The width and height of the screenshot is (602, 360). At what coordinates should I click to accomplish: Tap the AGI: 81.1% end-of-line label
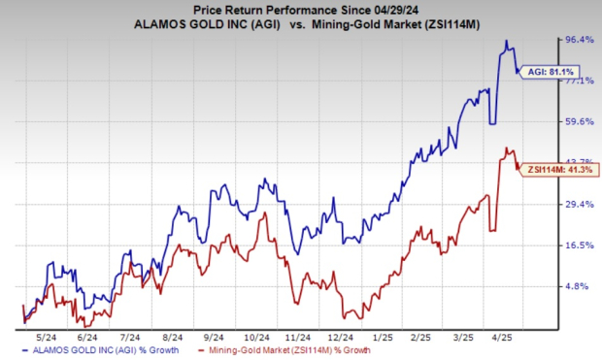548,72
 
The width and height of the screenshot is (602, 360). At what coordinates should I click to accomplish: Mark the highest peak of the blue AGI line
506,41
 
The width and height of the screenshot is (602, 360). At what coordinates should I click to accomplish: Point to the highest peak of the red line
506,147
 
